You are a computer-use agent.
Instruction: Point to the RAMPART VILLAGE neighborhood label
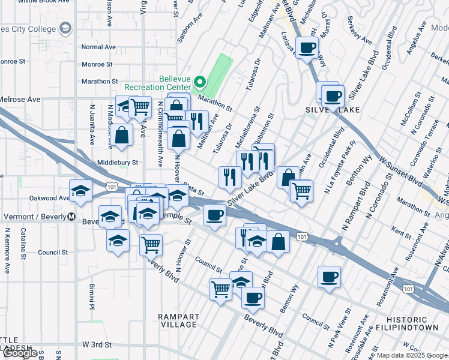[178, 320]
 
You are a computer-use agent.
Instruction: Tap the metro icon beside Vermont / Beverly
[71, 217]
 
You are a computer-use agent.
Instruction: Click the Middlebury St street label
[118, 162]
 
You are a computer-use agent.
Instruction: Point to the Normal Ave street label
[98, 47]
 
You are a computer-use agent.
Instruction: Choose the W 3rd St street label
[97, 344]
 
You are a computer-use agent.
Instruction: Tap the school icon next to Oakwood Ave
[81, 191]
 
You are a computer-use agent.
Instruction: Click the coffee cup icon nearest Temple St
[214, 215]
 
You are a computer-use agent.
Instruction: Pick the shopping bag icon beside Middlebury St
[121, 134]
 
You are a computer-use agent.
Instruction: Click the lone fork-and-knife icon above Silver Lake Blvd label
[230, 176]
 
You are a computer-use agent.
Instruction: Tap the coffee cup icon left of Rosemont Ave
[329, 277]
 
